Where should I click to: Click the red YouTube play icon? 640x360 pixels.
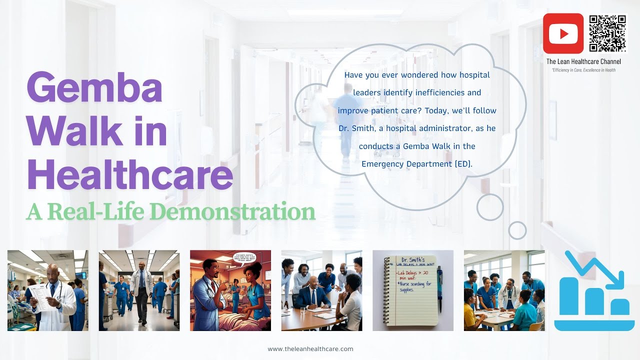(563, 33)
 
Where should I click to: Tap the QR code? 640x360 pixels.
(607, 33)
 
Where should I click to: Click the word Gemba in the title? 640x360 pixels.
(94, 87)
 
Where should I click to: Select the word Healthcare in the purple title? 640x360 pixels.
(129, 175)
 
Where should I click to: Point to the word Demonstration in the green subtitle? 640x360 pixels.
(232, 212)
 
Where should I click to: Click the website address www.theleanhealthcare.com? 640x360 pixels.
(310, 349)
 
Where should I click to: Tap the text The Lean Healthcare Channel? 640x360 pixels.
(583, 61)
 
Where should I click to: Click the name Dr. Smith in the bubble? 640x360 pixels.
(355, 128)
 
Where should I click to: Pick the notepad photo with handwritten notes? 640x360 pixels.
(413, 290)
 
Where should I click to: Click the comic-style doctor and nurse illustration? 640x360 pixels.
(230, 290)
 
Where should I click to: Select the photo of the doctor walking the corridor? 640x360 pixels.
(139, 290)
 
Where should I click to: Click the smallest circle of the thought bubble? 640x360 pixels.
(517, 230)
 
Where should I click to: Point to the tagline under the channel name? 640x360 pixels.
(583, 70)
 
